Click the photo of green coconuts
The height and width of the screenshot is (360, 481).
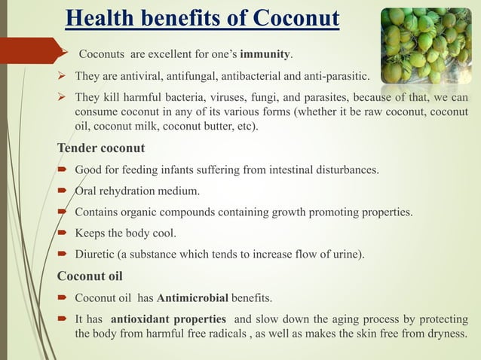[x=428, y=45]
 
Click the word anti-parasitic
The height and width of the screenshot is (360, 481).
[x=334, y=77]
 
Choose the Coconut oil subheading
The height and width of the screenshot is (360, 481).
[x=90, y=275]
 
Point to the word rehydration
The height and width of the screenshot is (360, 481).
[x=129, y=190]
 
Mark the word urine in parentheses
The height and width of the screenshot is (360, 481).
[x=346, y=255]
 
